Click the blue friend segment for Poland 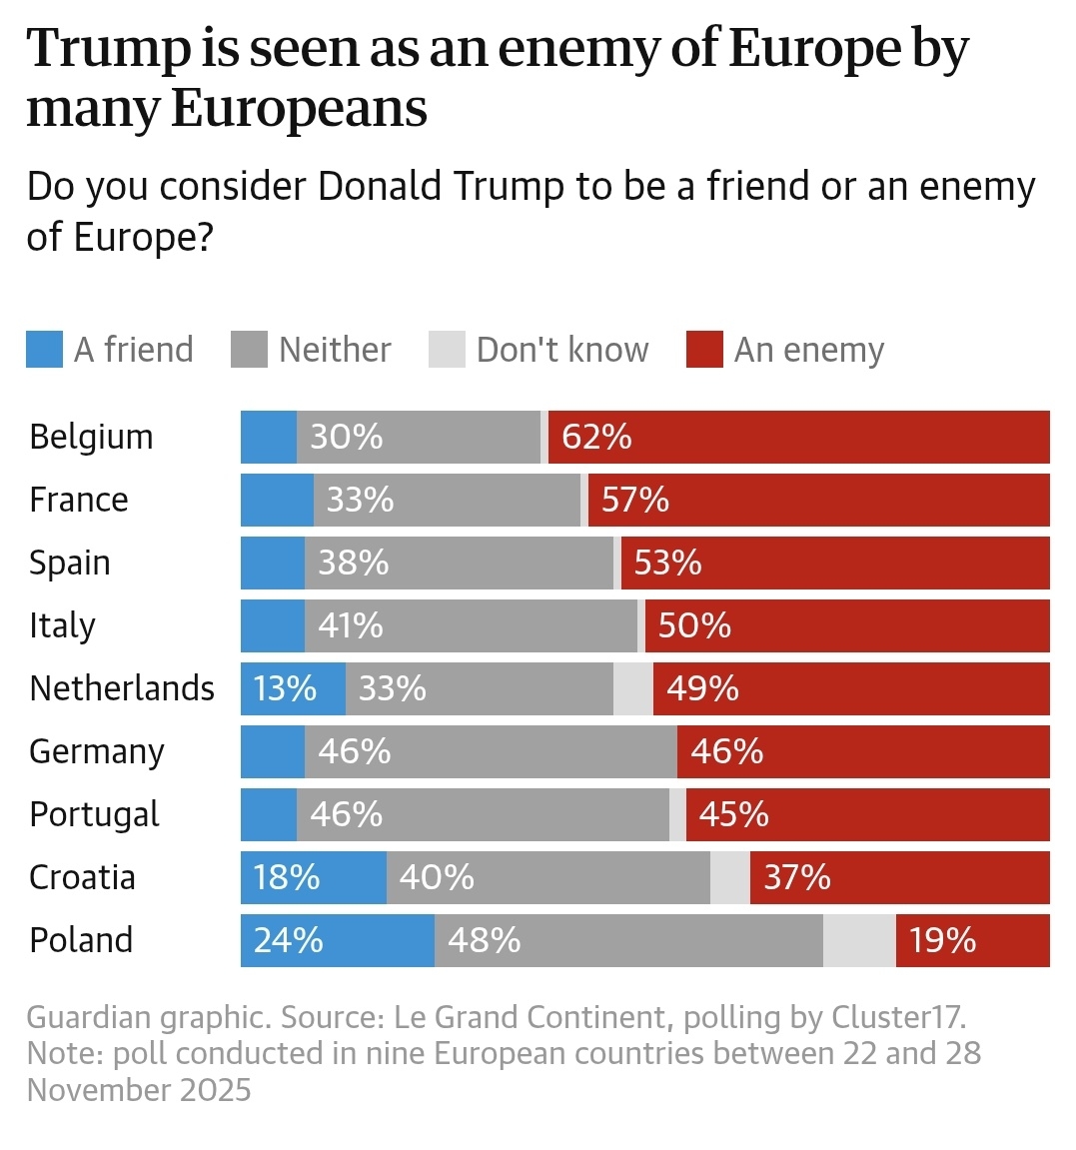337,940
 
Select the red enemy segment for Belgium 799,437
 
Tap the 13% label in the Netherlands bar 285,688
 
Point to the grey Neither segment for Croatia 547,877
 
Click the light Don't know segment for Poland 859,940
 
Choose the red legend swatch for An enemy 704,350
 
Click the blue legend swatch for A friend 44,350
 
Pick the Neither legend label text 335,350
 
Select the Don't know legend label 562,350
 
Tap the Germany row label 96,751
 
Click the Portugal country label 94,814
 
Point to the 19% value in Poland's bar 942,940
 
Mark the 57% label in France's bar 634,500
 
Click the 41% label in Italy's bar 350,625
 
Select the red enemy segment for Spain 834,563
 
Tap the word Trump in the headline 108,49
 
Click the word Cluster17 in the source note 898,1017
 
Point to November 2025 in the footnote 139,1089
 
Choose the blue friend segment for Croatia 313,877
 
